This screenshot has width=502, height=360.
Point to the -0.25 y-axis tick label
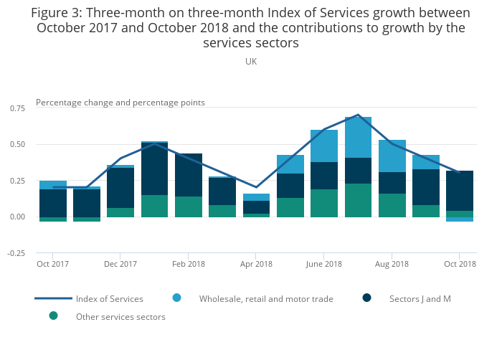pyautogui.click(x=17, y=253)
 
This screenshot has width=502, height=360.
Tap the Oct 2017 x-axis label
pyautogui.click(x=52, y=264)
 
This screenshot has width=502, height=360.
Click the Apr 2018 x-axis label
pyautogui.click(x=256, y=264)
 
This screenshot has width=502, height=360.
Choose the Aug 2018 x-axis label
pyautogui.click(x=392, y=264)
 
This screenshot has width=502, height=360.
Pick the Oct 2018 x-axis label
pyautogui.click(x=460, y=264)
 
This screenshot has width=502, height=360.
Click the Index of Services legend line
pyautogui.click(x=53, y=298)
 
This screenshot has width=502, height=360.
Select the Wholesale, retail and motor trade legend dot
pyautogui.click(x=176, y=298)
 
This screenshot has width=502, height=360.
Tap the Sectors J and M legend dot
pyautogui.click(x=366, y=298)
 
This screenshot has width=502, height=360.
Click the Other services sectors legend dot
pyautogui.click(x=53, y=316)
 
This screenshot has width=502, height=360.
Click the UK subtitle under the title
pyautogui.click(x=251, y=62)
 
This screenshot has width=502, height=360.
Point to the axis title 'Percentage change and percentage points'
pyautogui.click(x=120, y=103)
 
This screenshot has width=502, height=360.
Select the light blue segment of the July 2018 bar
pyautogui.click(x=358, y=137)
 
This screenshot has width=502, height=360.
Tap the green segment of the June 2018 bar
pyautogui.click(x=324, y=203)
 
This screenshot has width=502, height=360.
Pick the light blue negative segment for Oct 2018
pyautogui.click(x=460, y=219)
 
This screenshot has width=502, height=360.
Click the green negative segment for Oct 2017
pyautogui.click(x=53, y=219)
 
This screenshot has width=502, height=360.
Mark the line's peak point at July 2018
pyautogui.click(x=358, y=115)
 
